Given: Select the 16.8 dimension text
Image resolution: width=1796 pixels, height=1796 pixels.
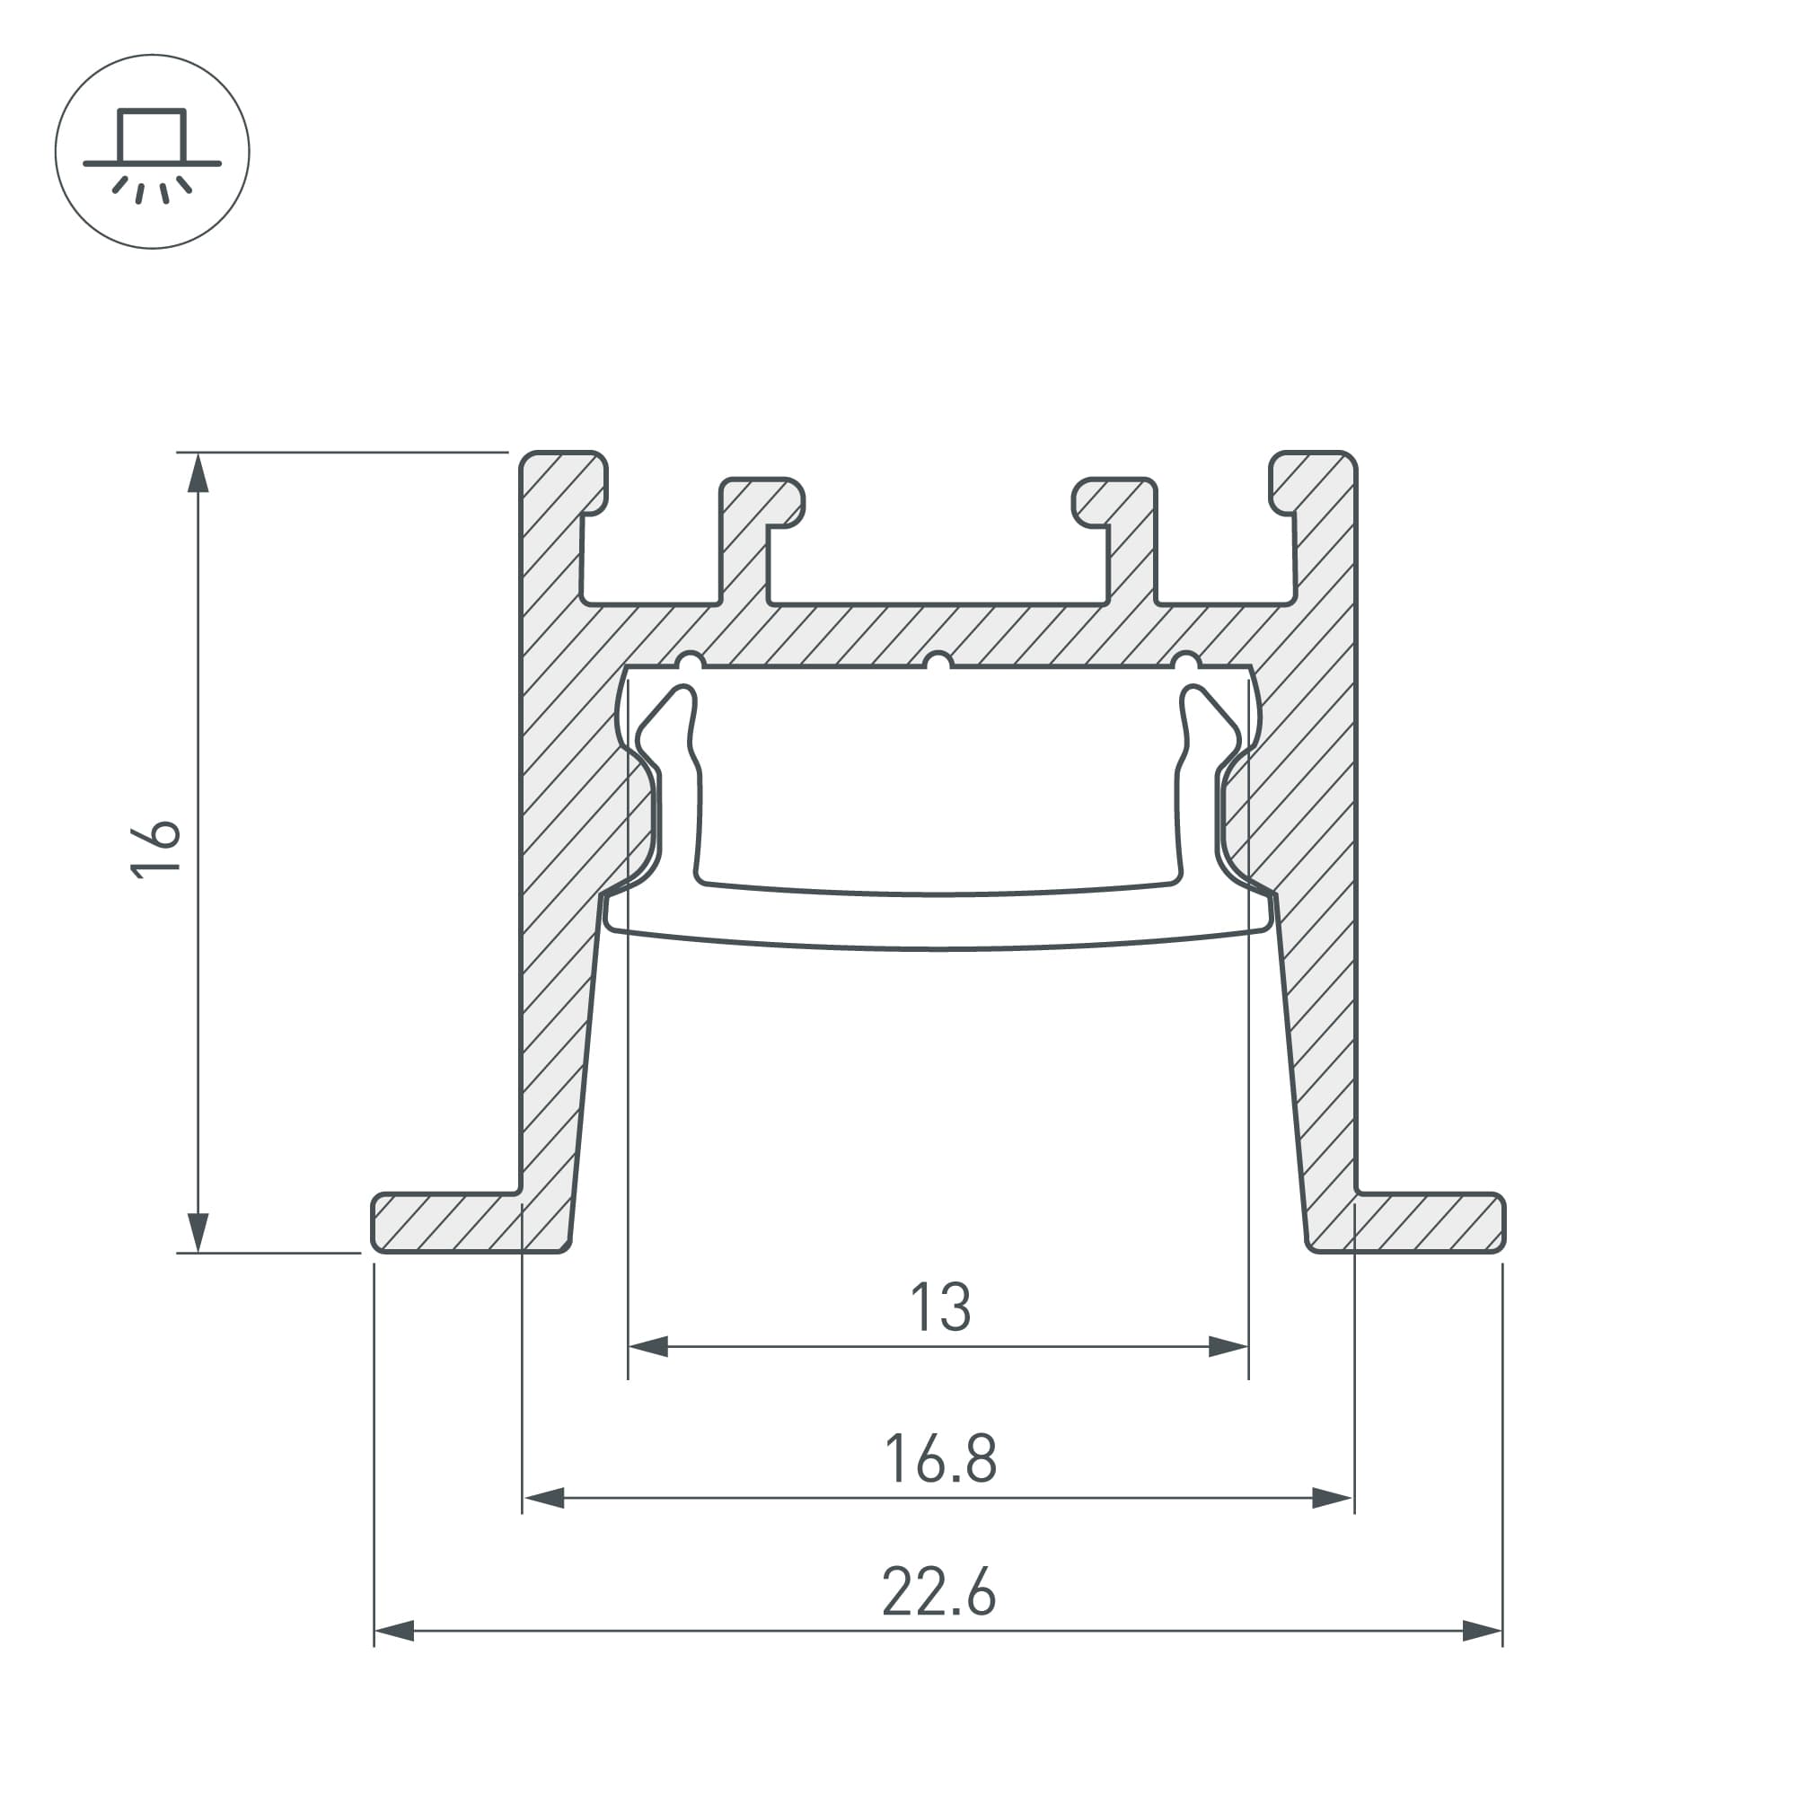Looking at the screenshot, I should (940, 1458).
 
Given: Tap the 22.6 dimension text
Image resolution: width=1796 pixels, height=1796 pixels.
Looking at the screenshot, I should (938, 1592).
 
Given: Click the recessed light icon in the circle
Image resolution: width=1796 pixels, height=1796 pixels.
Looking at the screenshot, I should (153, 153).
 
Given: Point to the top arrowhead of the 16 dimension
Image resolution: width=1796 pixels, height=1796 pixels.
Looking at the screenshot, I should (197, 474).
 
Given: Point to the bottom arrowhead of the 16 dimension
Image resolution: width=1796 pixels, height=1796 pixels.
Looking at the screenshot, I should (197, 1231).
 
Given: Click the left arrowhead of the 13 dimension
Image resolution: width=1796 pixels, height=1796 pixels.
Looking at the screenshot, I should (649, 1346).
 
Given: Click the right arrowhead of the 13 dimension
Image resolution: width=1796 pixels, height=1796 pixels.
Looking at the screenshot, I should (1227, 1346).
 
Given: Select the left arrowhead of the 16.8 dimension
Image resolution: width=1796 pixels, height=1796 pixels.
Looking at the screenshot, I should (544, 1498).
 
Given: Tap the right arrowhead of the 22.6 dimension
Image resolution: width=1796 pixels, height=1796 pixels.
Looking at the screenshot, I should (1482, 1631).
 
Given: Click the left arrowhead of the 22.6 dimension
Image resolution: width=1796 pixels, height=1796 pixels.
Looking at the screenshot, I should (394, 1631).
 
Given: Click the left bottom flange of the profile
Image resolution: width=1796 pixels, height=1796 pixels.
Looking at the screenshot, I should (446, 1222).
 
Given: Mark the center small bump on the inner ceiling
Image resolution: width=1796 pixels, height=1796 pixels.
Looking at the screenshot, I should (938, 661).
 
